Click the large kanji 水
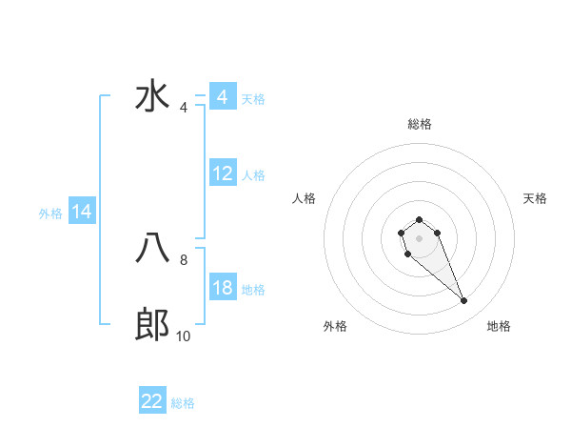click(x=152, y=98)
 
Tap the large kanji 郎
click(x=152, y=326)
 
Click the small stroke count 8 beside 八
click(x=184, y=258)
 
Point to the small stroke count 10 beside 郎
click(x=184, y=336)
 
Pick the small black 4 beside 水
click(x=184, y=108)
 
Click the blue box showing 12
click(x=223, y=173)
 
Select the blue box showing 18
click(x=223, y=288)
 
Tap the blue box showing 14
click(x=82, y=213)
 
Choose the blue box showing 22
click(x=152, y=401)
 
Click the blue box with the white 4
click(x=223, y=97)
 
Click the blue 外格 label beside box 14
click(x=50, y=214)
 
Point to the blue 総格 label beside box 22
click(x=183, y=403)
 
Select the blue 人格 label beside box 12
click(x=253, y=175)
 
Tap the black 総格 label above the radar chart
click(x=419, y=124)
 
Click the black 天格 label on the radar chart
click(x=535, y=198)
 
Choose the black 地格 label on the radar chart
click(x=499, y=326)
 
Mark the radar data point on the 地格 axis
click(x=464, y=301)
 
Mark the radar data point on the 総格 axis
click(x=419, y=220)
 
